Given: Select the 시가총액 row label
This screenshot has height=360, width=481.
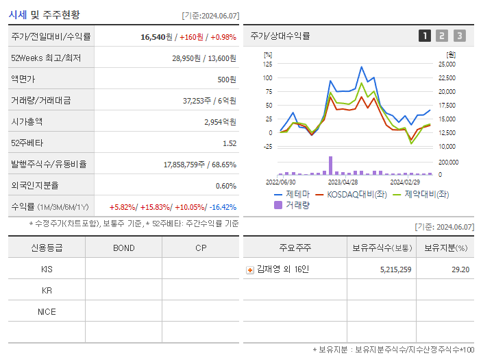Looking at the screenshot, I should point(27,121).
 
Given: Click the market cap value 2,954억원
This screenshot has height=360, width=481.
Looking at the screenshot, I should point(220,121).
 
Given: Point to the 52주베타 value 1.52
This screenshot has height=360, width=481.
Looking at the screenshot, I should point(230,143).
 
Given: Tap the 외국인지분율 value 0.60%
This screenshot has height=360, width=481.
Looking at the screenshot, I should point(226,185).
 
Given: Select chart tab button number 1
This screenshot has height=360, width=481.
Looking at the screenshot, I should point(425,36).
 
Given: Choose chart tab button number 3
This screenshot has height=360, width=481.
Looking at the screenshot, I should point(459,36).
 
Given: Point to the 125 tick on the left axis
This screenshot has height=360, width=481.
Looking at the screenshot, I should point(267,64).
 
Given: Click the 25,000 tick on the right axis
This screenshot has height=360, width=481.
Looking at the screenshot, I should point(446,64).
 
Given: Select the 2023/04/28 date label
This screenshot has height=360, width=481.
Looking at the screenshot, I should point(343,182).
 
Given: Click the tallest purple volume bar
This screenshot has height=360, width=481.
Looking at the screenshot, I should point(330,165).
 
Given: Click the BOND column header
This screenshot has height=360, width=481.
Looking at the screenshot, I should point(123,248).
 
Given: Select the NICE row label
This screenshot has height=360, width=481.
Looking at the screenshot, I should point(47,312).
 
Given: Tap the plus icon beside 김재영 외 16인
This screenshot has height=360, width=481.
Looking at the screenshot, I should point(250,269).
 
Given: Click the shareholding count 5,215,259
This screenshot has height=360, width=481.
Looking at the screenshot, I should point(395,269).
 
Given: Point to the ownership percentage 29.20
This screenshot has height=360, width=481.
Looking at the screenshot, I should point(460,269).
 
